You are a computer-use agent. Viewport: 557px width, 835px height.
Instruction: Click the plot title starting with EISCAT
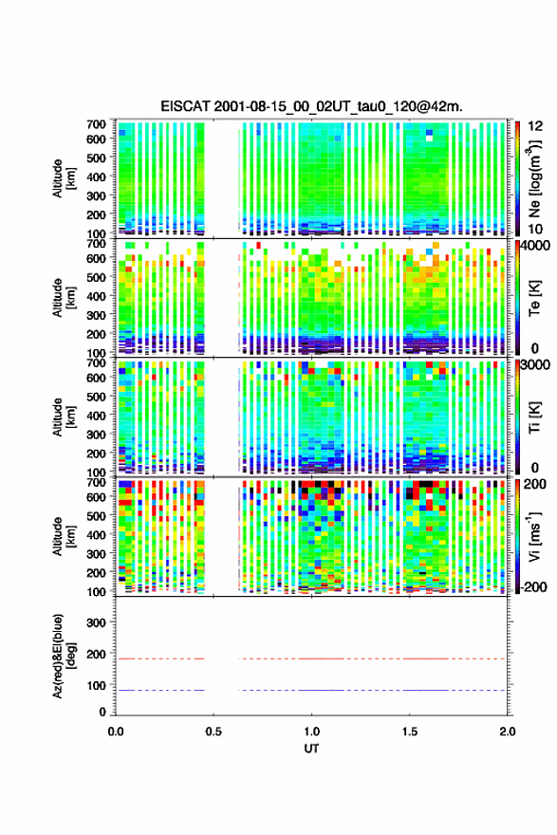tap(311, 106)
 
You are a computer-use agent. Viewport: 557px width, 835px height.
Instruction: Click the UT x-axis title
tap(311, 749)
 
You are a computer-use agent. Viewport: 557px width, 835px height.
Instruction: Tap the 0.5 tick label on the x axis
tap(214, 732)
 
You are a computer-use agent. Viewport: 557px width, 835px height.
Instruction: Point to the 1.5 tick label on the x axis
tap(410, 732)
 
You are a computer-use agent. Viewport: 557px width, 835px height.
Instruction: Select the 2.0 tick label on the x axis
tap(508, 732)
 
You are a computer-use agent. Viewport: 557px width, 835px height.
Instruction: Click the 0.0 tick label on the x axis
tap(116, 732)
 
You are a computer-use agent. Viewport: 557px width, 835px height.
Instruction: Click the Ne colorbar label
tap(534, 178)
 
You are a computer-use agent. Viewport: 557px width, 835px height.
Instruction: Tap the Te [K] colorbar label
tap(534, 298)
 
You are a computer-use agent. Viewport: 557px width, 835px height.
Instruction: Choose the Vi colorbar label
tap(534, 536)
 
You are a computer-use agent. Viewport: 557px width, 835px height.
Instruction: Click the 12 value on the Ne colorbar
tap(535, 126)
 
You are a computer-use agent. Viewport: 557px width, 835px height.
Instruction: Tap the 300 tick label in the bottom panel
tap(96, 622)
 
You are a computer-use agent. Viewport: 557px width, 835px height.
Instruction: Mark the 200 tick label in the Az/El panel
tap(96, 654)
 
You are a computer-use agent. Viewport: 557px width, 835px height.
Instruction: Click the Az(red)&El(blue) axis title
tap(64, 656)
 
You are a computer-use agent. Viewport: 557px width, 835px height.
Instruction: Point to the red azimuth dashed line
tap(311, 659)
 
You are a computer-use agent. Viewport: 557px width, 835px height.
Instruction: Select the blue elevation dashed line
tap(311, 690)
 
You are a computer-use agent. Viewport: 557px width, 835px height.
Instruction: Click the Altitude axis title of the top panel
tap(64, 178)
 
